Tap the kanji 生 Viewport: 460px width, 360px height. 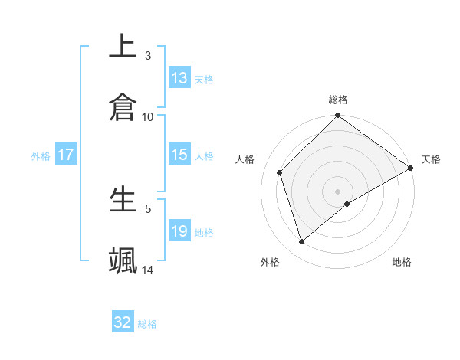click(x=123, y=198)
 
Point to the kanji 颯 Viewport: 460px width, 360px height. click(x=123, y=260)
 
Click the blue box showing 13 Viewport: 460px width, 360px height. click(x=179, y=78)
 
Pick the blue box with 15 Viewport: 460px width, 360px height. click(x=179, y=155)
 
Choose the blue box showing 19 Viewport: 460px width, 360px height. click(x=179, y=231)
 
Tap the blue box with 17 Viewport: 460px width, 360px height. click(x=66, y=155)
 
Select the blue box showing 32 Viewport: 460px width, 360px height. click(x=123, y=322)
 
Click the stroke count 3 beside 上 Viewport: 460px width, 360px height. click(x=148, y=56)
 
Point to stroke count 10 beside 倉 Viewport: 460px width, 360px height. click(x=148, y=117)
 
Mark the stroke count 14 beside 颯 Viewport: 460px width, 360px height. click(x=148, y=270)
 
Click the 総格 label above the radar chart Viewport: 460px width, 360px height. click(x=338, y=100)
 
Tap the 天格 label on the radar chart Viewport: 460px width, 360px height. click(x=431, y=159)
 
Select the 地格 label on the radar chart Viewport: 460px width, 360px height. click(x=402, y=262)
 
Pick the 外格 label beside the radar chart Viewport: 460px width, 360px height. click(x=270, y=262)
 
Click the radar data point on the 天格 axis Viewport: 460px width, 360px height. click(x=411, y=169)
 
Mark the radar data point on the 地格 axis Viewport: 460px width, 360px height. click(x=347, y=204)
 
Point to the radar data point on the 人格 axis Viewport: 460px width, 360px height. click(x=280, y=172)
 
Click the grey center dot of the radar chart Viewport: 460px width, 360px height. click(x=337, y=191)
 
